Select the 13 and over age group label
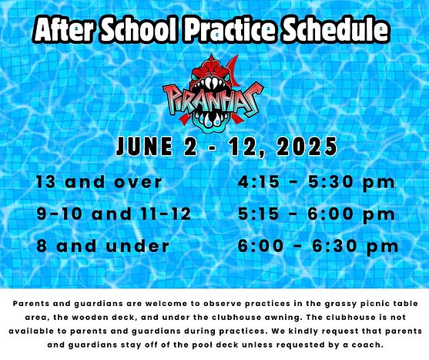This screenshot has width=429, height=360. [x=99, y=183]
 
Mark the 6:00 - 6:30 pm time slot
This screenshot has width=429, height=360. [x=318, y=247]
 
